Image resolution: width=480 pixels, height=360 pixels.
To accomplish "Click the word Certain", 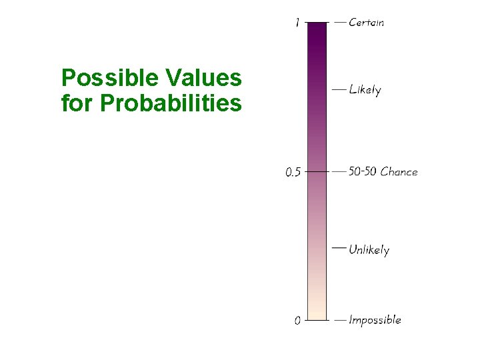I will [367, 22].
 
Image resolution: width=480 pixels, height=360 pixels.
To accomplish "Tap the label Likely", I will [365, 89].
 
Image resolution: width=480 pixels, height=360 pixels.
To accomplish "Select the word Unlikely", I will [369, 250].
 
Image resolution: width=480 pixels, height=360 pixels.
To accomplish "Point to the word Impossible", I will [375, 320].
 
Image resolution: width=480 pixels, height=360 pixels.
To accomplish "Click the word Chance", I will [399, 171].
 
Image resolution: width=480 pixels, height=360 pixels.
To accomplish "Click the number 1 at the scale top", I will [297, 23].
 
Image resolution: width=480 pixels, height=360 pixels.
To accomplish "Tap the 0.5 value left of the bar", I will [293, 172].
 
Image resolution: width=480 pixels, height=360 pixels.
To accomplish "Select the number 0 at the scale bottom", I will [298, 321].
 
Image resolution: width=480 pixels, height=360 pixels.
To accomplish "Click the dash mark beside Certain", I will [340, 22].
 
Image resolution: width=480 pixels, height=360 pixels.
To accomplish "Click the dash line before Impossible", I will [340, 320].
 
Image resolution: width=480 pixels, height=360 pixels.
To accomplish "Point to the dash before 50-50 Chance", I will [340, 171].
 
